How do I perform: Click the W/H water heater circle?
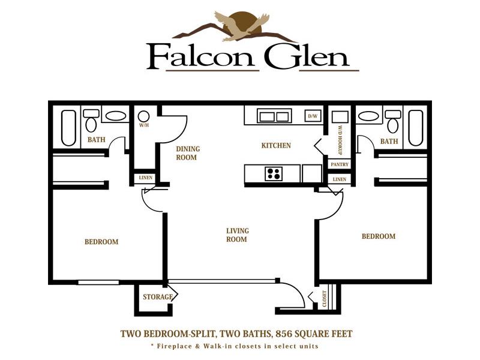(143, 116)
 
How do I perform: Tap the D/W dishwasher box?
(313, 116)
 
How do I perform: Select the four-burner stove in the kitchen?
(274, 173)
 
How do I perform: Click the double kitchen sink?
(274, 116)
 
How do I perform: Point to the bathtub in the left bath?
(68, 128)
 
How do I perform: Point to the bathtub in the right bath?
(415, 128)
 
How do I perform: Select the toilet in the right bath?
(393, 121)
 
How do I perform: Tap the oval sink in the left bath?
(115, 116)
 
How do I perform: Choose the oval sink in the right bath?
(368, 116)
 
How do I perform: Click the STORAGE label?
(158, 296)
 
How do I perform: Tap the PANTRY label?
(340, 164)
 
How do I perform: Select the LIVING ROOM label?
(237, 235)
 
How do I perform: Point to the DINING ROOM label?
(188, 153)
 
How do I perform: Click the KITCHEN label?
(276, 145)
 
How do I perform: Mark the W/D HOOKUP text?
(340, 140)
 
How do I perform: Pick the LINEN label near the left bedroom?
(145, 178)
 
